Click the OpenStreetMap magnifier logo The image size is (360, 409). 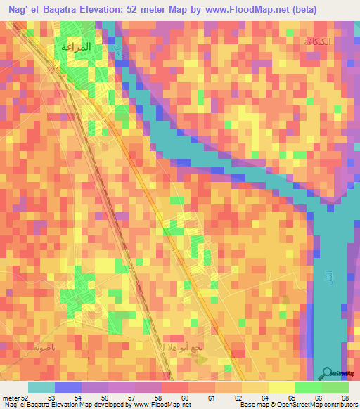[328, 374]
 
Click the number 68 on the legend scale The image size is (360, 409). [344, 397]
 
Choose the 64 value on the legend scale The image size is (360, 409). [264, 397]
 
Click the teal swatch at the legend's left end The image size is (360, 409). [41, 387]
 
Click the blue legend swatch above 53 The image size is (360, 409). [67, 387]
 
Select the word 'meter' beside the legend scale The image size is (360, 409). [11, 397]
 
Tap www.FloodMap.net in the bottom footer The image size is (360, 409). [162, 405]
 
